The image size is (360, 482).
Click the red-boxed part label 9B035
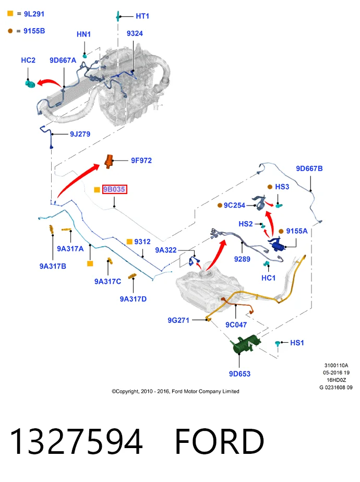point(114,189)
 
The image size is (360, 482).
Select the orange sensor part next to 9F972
point(109,161)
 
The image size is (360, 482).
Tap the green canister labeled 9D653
point(246,344)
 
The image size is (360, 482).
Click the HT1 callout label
point(142,16)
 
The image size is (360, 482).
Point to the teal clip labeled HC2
point(30,83)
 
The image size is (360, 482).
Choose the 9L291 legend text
point(34,14)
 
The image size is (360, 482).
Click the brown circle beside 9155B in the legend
point(10,31)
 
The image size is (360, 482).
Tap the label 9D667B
point(309,169)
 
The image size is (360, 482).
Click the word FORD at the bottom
point(220,441)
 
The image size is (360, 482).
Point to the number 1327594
point(76,441)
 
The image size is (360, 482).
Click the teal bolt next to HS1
point(278,344)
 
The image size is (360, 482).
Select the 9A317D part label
point(133,299)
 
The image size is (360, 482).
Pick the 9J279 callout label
point(80,135)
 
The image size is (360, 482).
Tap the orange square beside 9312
point(129,242)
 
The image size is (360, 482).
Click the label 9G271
point(178,320)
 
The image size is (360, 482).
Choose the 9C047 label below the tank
point(236,325)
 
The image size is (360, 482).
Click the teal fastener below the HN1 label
point(85,56)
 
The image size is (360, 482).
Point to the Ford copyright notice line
point(175,391)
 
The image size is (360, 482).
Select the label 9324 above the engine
point(135,33)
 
